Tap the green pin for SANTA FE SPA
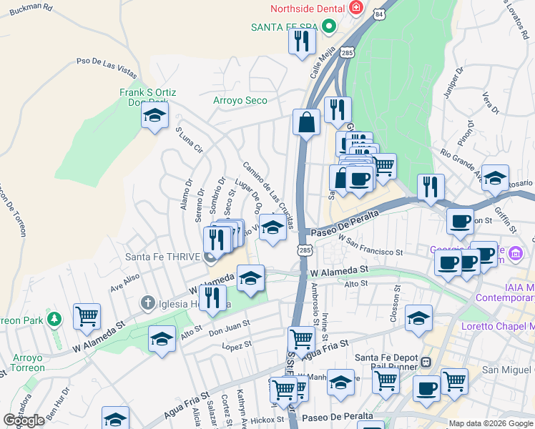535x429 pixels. pos(329,27)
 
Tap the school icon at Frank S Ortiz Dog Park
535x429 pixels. pos(154,116)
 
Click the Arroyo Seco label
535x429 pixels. pos(240,101)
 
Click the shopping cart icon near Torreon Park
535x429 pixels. pos(87,315)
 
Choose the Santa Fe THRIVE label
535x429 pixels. pos(161,257)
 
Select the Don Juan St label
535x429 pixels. pos(228,329)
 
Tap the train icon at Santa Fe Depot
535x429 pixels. pos(426,362)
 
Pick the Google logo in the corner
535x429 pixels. pos(24,420)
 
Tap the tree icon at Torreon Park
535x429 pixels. pos(54,317)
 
